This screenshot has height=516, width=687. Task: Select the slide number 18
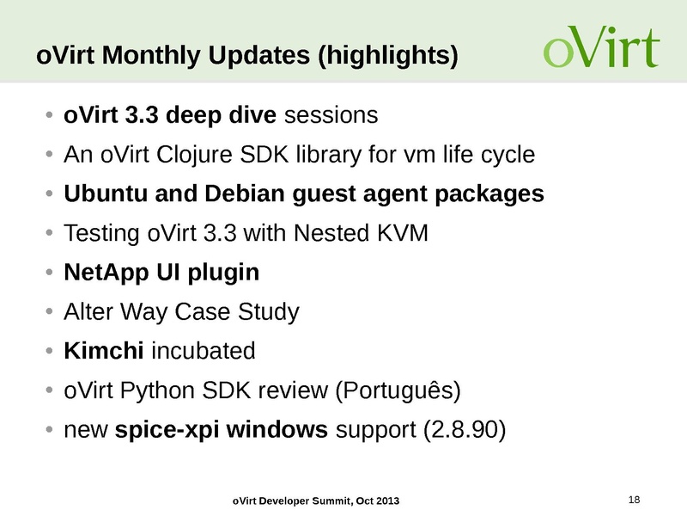point(635,500)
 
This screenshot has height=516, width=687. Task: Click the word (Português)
point(397,391)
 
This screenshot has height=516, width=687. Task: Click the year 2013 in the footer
point(387,501)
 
